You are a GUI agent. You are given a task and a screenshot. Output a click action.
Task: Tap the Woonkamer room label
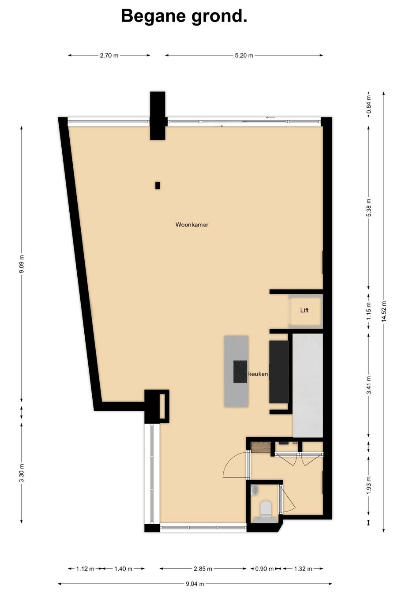click(192, 225)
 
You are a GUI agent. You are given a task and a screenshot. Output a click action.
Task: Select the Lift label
click(304, 310)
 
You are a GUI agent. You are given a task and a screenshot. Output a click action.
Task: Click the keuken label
click(258, 374)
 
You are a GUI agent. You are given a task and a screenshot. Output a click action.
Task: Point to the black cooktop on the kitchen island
click(240, 372)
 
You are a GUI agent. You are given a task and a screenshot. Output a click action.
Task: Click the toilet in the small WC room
click(265, 508)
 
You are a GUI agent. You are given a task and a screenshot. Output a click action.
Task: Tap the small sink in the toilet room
click(255, 490)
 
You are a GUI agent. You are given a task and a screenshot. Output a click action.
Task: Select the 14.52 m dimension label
click(384, 312)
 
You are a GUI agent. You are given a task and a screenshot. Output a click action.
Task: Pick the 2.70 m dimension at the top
click(109, 56)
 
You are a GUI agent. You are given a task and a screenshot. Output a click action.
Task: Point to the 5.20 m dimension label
click(244, 56)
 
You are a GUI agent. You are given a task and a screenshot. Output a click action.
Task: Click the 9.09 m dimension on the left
click(22, 264)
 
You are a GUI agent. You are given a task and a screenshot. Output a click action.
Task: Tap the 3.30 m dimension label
click(22, 473)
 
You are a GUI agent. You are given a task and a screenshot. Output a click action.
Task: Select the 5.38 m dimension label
click(369, 208)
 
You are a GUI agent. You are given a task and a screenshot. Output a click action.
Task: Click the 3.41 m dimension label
click(369, 385)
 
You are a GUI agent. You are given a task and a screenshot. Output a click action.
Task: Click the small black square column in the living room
click(158, 185)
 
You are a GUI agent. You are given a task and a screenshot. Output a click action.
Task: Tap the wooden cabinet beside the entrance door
click(261, 447)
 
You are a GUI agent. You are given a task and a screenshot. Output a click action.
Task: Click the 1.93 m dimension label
click(369, 485)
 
